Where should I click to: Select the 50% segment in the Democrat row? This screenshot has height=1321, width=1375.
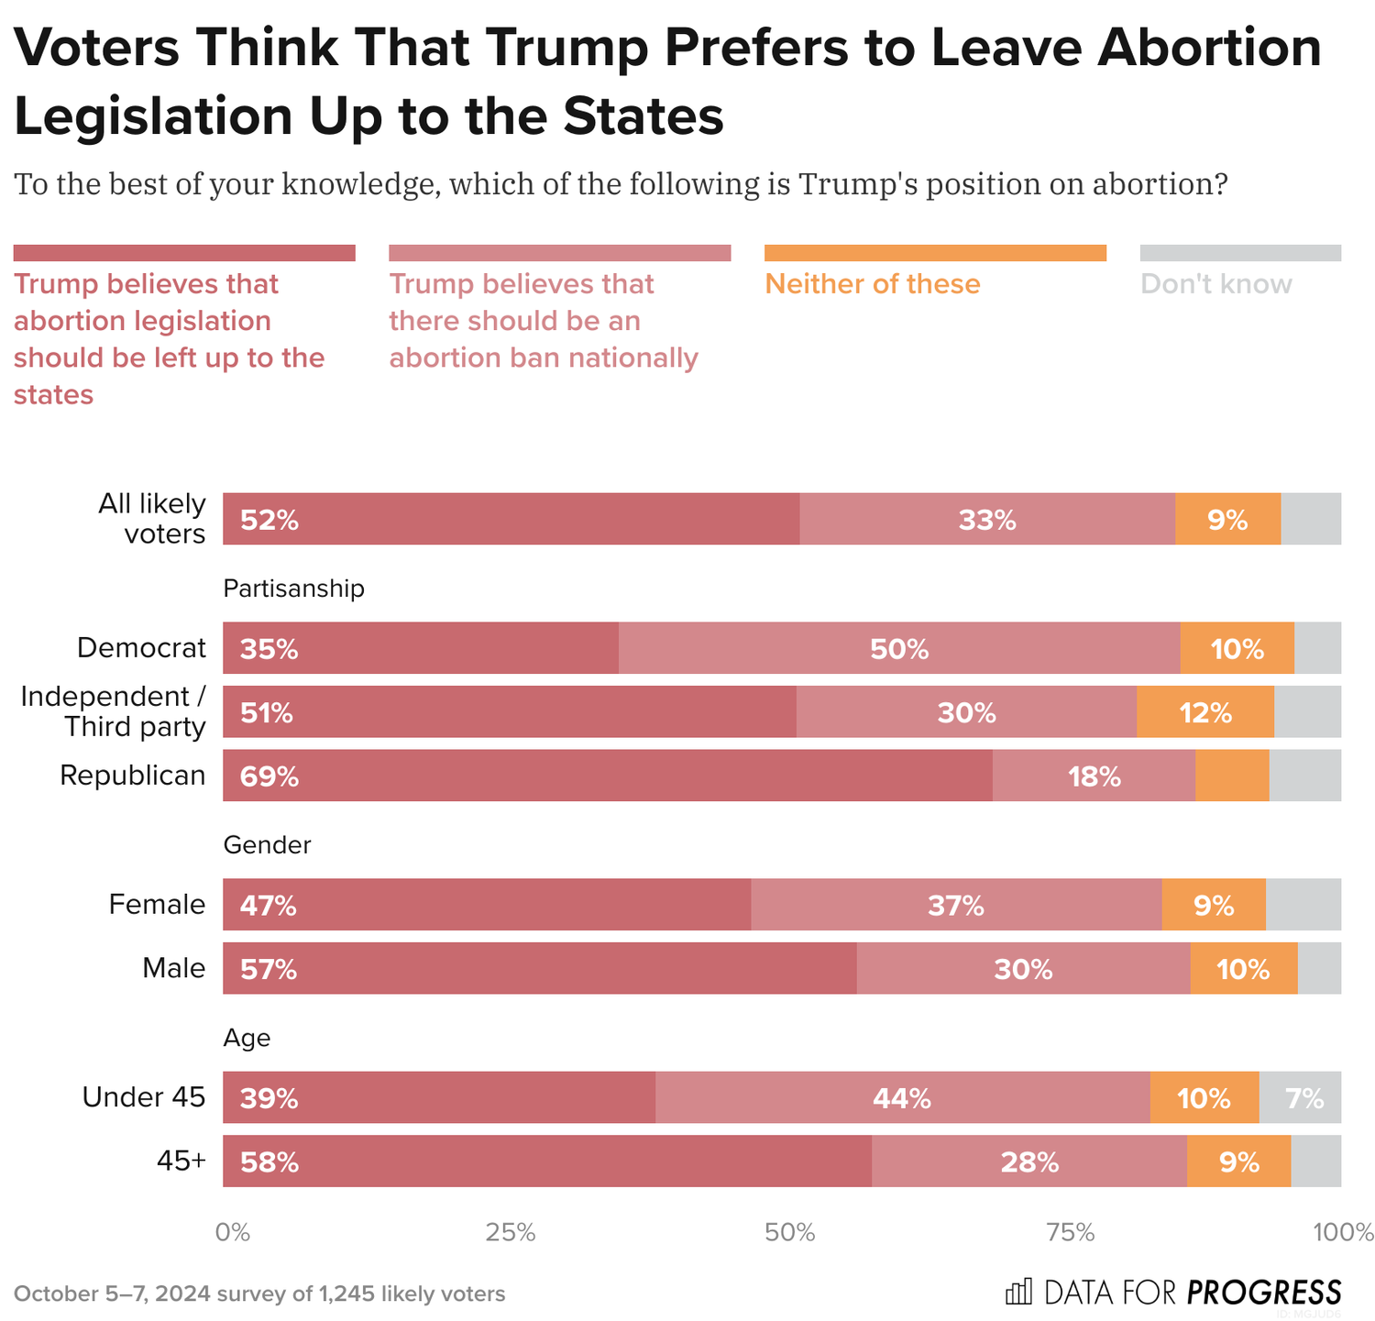click(x=899, y=648)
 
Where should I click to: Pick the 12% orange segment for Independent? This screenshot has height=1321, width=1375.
click(x=1204, y=712)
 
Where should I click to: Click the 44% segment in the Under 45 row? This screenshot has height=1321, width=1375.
click(x=902, y=1097)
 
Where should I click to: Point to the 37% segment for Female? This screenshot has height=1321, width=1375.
click(x=955, y=905)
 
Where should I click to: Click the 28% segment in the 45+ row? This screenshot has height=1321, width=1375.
click(x=1029, y=1161)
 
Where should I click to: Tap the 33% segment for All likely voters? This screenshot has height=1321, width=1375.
click(x=987, y=519)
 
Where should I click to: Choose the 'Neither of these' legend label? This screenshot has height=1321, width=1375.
click(x=872, y=284)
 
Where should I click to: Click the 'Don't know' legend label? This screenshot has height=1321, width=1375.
click(x=1215, y=284)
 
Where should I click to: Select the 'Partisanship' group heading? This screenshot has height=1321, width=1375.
click(x=293, y=589)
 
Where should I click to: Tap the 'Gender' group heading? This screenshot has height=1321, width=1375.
click(x=267, y=845)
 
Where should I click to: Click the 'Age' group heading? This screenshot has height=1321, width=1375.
click(x=247, y=1038)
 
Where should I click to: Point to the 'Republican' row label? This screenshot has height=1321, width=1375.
click(x=133, y=776)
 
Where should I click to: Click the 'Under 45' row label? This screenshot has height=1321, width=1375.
click(x=144, y=1097)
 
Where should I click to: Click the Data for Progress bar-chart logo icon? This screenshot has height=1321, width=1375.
click(x=1018, y=1292)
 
